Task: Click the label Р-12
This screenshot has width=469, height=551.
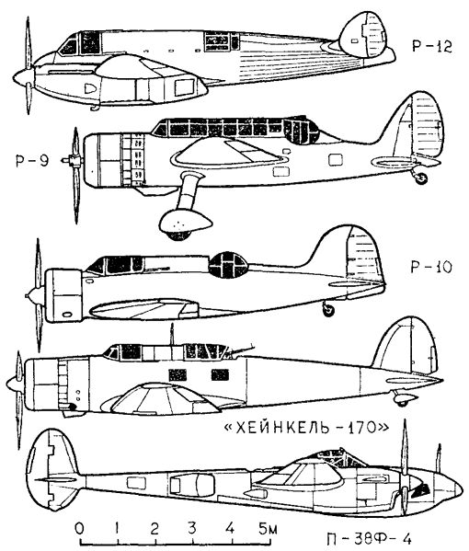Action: click(x=432, y=46)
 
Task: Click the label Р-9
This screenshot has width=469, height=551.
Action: click(x=32, y=160)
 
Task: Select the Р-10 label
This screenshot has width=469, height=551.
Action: click(x=431, y=267)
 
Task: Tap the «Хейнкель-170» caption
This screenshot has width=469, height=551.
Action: click(x=306, y=428)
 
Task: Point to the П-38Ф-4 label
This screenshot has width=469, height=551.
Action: click(x=369, y=538)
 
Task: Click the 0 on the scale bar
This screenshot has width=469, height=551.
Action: click(x=80, y=529)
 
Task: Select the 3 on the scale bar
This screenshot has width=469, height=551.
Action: click(x=192, y=529)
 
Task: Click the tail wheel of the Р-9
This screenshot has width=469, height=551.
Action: click(x=421, y=178)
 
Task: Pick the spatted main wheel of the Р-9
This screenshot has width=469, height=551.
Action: click(x=184, y=224)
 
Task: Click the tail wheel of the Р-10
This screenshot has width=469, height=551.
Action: click(x=328, y=310)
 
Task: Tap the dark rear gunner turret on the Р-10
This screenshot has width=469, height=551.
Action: click(x=227, y=265)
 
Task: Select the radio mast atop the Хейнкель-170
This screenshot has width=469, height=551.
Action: click(x=172, y=335)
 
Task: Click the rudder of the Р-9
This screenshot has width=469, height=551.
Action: click(x=426, y=127)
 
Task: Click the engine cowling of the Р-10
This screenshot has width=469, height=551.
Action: click(x=65, y=295)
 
